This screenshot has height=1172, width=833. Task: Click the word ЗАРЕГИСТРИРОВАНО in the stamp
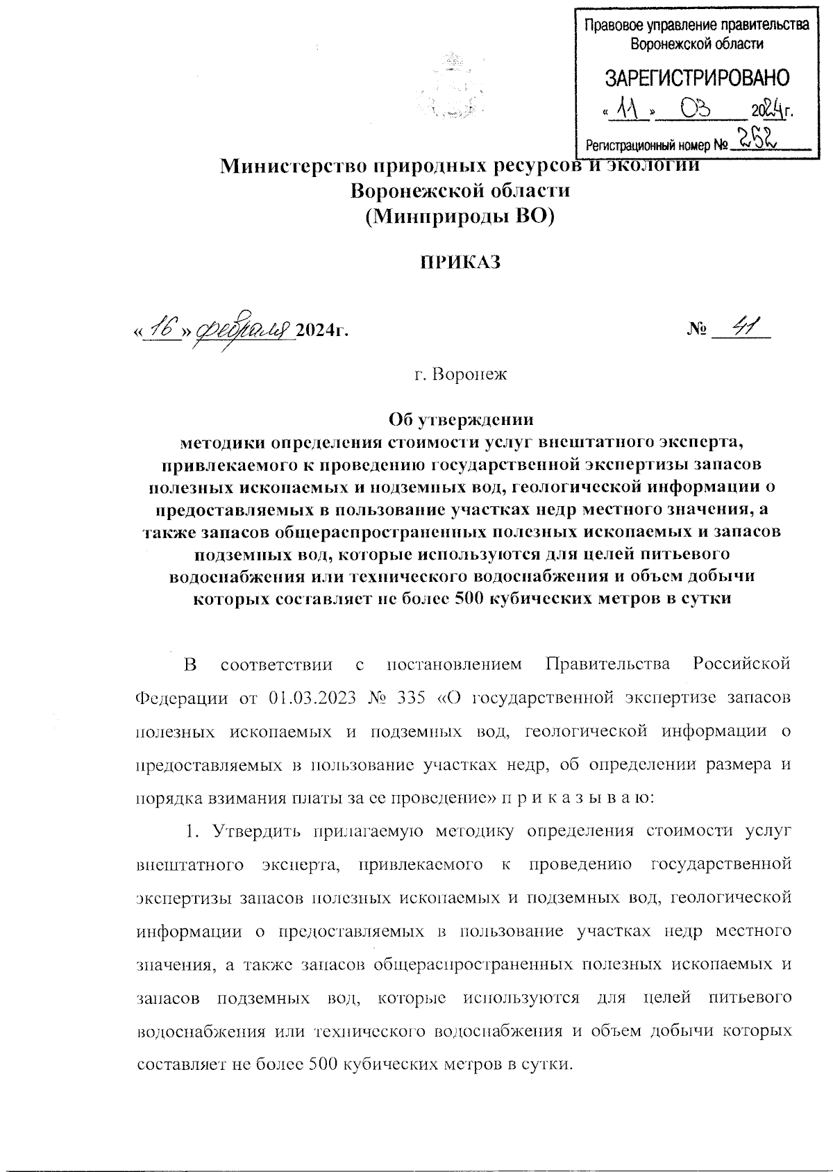(x=698, y=77)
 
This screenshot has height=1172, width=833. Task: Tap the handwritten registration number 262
(x=757, y=140)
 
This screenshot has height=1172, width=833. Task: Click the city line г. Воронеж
(x=461, y=376)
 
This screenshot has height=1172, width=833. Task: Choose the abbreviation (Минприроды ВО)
(x=461, y=216)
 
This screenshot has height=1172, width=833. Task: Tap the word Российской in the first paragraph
(x=741, y=664)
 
